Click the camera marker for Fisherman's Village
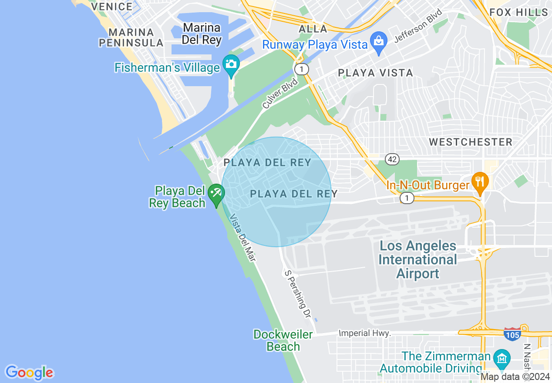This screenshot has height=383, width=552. click(231, 64)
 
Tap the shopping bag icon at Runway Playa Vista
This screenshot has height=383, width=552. click(378, 41)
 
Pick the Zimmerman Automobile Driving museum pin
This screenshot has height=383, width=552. click(502, 358)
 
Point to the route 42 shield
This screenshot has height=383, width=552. click(392, 159)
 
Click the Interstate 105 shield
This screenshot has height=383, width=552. click(512, 334)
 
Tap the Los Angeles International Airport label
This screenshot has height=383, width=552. click(418, 259)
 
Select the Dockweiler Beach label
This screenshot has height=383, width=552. click(283, 340)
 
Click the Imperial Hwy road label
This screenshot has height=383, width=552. click(364, 333)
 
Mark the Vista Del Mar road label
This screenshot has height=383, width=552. click(242, 238)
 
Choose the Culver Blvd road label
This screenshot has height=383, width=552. click(280, 93)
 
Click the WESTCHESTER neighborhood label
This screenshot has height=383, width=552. click(471, 142)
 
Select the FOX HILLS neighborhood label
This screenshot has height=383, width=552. click(518, 12)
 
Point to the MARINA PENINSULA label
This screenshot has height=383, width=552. click(131, 37)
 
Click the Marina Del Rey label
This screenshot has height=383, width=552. click(202, 34)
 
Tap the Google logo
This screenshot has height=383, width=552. click(29, 373)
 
